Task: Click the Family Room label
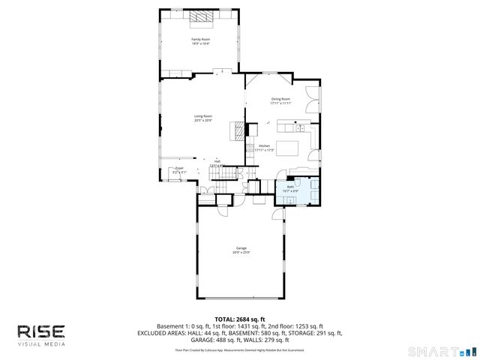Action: point(200,39)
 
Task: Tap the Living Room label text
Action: point(203,116)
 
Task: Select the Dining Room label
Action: point(280,99)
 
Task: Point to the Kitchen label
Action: point(264,145)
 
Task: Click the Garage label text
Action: point(241,248)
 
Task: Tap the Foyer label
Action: point(180,169)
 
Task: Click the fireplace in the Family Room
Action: point(199,15)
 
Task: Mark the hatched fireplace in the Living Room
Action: point(238,130)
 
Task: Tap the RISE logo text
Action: point(42,331)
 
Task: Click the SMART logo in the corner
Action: point(442,351)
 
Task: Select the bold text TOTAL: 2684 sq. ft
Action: point(239,319)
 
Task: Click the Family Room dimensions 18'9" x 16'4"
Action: point(200,43)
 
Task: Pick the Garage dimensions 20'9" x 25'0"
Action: point(241,253)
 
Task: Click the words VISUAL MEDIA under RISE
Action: point(42,344)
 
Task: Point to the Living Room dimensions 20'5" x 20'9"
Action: point(203,121)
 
